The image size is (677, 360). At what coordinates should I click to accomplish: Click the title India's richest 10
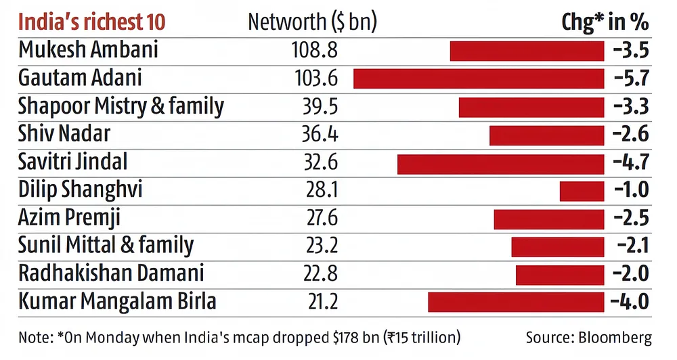pyautogui.click(x=91, y=22)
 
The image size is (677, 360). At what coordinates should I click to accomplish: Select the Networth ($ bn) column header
pyautogui.click(x=312, y=22)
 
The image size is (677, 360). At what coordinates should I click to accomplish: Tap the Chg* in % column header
pyautogui.click(x=605, y=22)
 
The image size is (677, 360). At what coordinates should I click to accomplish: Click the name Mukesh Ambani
pyautogui.click(x=88, y=50)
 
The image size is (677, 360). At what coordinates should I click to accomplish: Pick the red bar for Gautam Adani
pyautogui.click(x=479, y=78)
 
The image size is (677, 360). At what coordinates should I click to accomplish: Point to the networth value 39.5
pyautogui.click(x=319, y=107)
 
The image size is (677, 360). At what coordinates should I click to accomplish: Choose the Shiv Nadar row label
pyautogui.click(x=64, y=135)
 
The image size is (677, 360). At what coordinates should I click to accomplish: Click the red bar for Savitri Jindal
pyautogui.click(x=500, y=164)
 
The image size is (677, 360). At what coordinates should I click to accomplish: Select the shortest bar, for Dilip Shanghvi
pyautogui.click(x=582, y=192)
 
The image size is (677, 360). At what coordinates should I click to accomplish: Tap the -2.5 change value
pyautogui.click(x=630, y=219)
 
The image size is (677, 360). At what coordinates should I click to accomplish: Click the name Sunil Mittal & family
pyautogui.click(x=106, y=246)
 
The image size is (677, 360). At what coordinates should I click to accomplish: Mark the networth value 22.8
pyautogui.click(x=319, y=274)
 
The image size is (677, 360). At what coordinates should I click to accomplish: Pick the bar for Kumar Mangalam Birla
pyautogui.click(x=516, y=302)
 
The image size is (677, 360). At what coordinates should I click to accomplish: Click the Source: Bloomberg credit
pyautogui.click(x=589, y=337)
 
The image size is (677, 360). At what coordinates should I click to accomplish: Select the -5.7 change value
pyautogui.click(x=630, y=78)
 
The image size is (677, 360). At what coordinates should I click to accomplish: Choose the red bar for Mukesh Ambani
pyautogui.click(x=527, y=51)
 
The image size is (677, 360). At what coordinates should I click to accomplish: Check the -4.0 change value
pyautogui.click(x=630, y=302)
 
